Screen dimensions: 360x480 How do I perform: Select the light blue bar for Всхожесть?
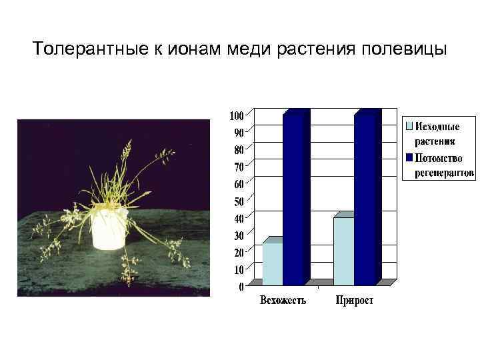tap(272, 264)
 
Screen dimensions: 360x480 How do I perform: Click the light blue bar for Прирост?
tap(343, 251)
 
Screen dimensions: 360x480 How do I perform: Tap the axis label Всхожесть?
tap(283, 301)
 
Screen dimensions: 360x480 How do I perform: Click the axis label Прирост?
tap(355, 301)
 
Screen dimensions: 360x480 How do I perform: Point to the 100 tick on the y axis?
tap(236, 115)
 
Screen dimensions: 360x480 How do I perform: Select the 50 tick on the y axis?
tap(239, 200)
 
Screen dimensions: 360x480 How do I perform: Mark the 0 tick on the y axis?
tap(241, 287)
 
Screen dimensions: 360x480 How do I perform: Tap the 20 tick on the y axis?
tap(239, 252)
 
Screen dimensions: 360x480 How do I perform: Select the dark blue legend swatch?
tap(409, 158)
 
